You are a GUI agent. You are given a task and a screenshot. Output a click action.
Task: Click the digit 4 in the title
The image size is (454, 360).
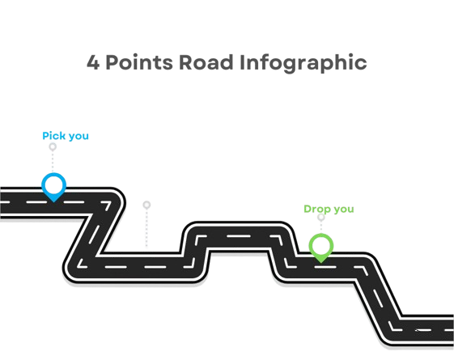point(93,62)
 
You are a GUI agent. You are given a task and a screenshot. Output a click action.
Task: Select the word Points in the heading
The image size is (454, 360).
point(139,62)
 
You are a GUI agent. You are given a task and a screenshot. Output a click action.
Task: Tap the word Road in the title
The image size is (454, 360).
point(206,62)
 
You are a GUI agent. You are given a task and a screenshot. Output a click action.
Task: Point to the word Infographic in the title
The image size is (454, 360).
point(303,64)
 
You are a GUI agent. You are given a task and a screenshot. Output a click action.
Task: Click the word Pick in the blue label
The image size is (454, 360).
point(54,135)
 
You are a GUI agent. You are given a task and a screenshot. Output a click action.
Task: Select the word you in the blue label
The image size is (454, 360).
point(78,137)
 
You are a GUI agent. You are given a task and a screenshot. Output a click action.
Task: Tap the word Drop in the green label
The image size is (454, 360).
point(317,209)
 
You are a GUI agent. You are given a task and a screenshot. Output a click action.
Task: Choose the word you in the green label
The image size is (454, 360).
point(344,210)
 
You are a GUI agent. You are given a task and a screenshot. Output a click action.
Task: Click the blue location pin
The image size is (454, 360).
point(54,187)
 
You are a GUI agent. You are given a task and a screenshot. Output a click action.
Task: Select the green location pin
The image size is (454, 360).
point(321,248)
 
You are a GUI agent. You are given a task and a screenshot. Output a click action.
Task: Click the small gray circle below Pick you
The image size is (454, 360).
point(53,146)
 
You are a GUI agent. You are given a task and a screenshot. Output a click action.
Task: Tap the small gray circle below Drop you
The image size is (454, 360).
point(321,217)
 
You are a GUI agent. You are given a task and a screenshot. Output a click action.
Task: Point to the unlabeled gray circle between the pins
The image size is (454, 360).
point(146,205)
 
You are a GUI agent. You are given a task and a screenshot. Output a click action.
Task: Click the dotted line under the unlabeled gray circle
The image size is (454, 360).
point(146,228)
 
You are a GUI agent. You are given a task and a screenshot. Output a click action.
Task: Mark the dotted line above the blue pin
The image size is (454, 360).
point(53,162)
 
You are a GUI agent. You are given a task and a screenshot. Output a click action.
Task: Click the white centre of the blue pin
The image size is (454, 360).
point(54,185)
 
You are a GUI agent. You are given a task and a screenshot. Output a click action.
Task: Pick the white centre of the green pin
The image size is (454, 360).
point(321,246)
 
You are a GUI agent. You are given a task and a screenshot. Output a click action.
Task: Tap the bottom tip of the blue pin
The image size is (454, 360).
point(54,201)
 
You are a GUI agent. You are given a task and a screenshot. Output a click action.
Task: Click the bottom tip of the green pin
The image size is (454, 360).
point(321,262)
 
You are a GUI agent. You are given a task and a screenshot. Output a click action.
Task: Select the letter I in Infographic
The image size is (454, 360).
point(242,62)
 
